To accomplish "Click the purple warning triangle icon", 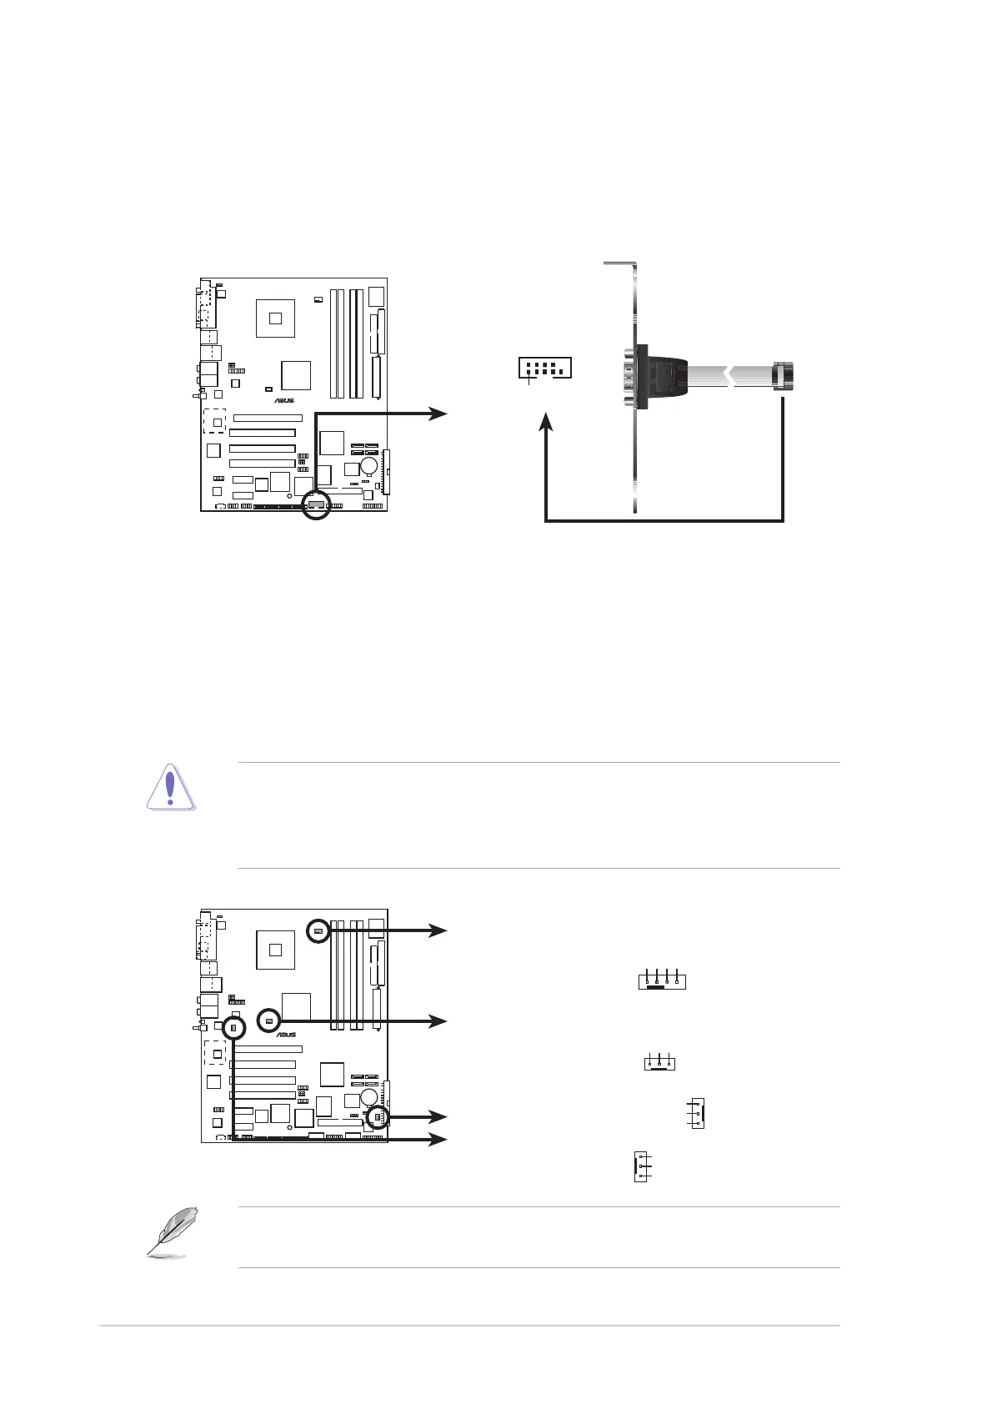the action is click(x=170, y=787).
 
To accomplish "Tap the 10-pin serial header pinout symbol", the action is click(x=544, y=368).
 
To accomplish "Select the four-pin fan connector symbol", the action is click(x=662, y=979).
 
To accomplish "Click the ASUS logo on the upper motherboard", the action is click(x=284, y=400).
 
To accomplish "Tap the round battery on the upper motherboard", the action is click(x=369, y=464).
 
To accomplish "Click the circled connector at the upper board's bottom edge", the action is click(x=316, y=504).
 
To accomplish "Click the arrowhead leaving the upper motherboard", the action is click(x=438, y=414).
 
